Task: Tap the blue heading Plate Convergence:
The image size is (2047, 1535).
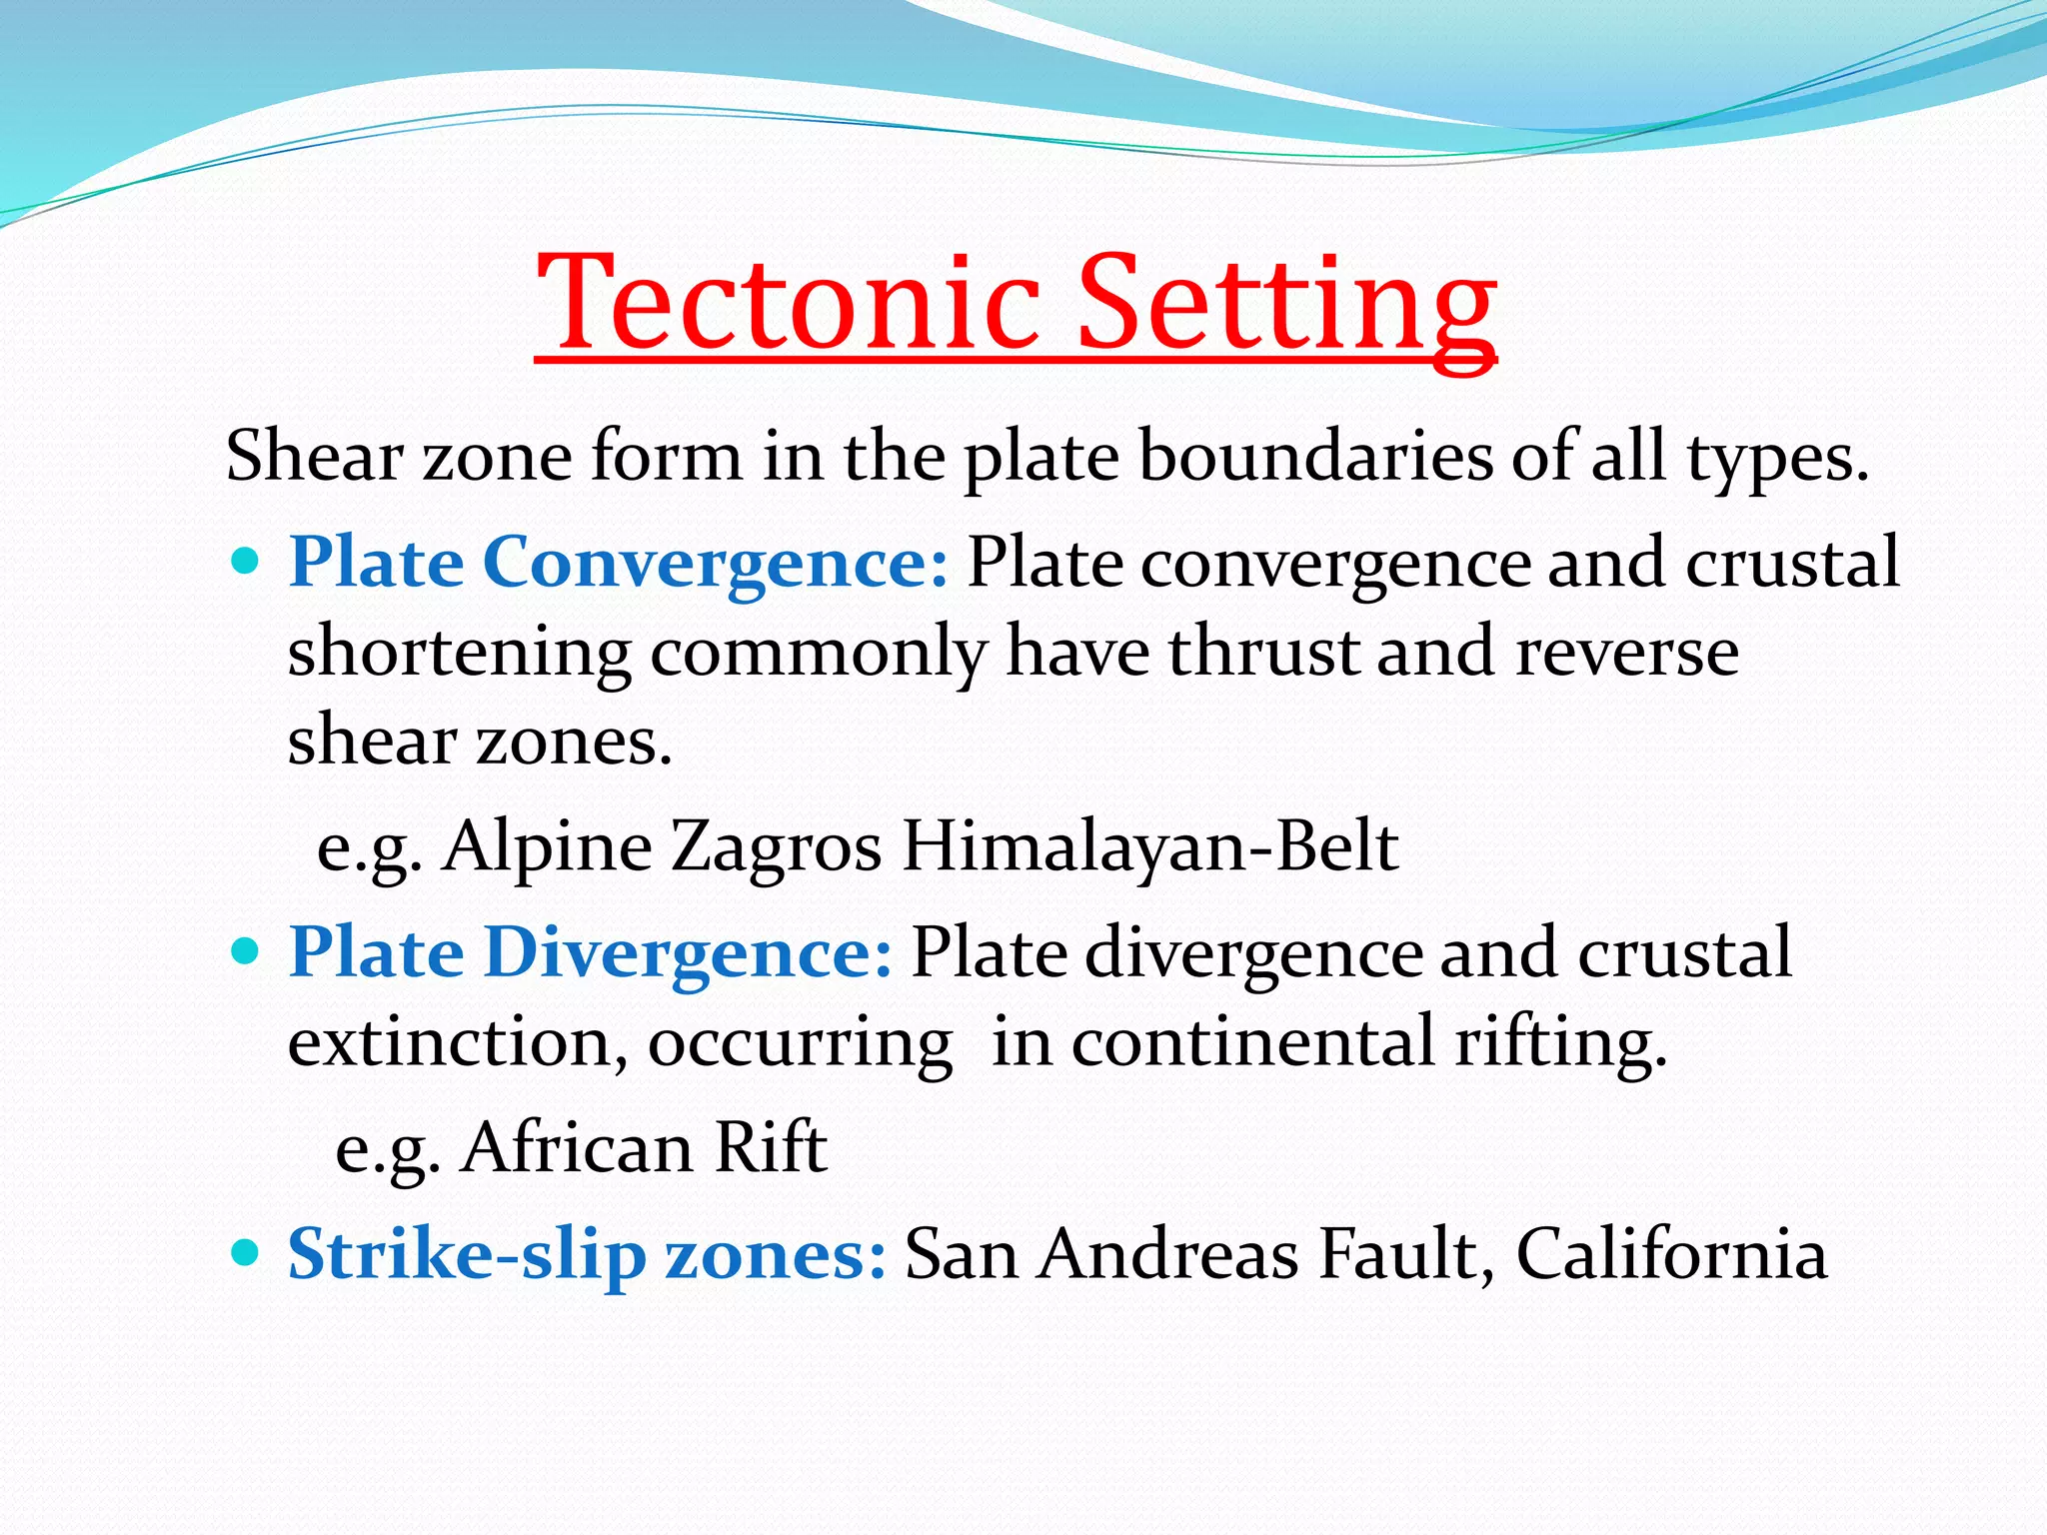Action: (x=618, y=563)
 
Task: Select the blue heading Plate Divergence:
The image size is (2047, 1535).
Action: (x=590, y=952)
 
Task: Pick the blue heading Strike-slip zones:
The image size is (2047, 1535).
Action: (x=587, y=1254)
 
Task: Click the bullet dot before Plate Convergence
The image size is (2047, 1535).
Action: (x=245, y=560)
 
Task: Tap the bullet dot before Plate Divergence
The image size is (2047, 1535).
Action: (x=245, y=949)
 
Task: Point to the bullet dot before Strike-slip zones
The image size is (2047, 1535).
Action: (x=245, y=1251)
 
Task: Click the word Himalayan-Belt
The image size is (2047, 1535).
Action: (x=1149, y=847)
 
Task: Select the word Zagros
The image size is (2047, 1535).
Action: (x=777, y=847)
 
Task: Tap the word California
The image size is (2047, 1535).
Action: (x=1671, y=1254)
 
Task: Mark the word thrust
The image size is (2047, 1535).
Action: (x=1262, y=653)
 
